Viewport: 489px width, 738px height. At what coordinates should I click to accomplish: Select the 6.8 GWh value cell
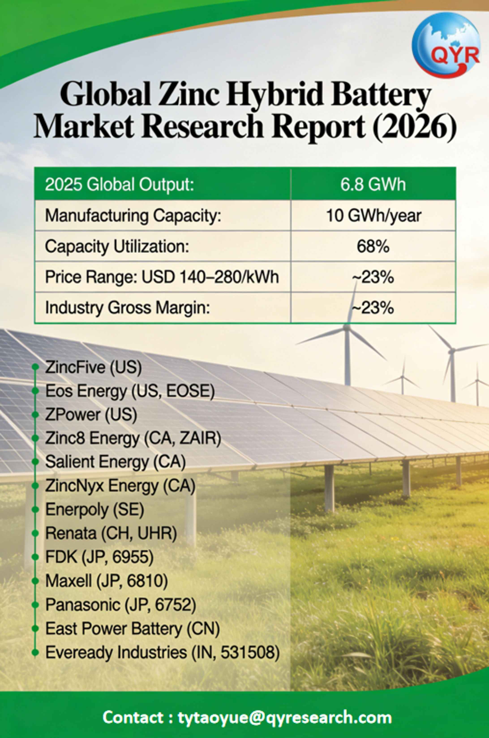click(x=373, y=184)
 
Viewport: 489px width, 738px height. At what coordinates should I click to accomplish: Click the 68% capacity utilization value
click(x=373, y=246)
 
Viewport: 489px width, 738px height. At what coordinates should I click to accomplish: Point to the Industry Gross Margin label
click(x=127, y=307)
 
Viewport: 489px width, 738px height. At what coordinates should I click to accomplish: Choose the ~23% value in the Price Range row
click(x=373, y=277)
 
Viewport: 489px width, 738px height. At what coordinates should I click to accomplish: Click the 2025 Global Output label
click(x=119, y=184)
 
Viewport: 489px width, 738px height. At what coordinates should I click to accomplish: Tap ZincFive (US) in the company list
click(x=93, y=367)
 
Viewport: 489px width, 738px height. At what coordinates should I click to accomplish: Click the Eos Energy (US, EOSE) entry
click(x=130, y=391)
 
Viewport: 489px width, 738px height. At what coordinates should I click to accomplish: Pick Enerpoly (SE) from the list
click(x=94, y=509)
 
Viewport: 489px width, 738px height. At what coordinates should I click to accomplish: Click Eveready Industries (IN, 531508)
click(x=162, y=652)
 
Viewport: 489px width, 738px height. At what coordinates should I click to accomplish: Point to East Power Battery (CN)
click(x=133, y=628)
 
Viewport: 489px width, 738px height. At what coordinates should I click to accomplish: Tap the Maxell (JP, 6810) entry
click(x=106, y=581)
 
